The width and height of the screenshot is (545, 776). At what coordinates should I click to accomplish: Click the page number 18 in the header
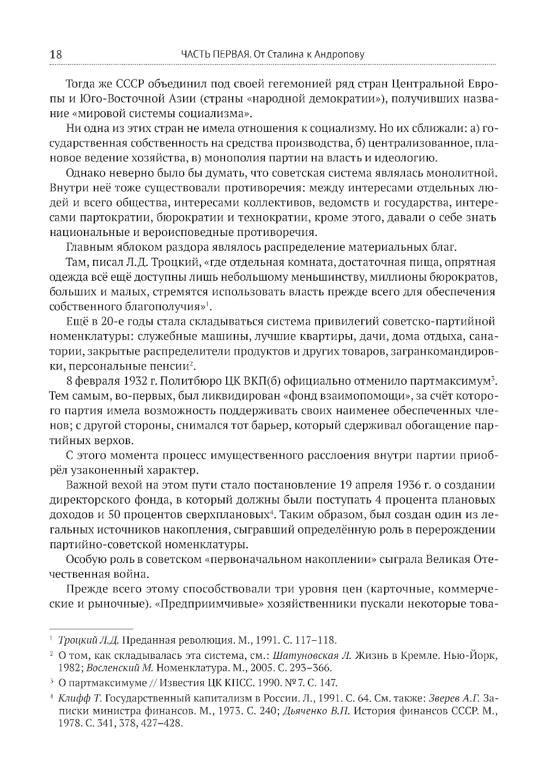[x=56, y=54]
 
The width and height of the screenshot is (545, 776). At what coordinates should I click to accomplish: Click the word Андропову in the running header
[x=337, y=54]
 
